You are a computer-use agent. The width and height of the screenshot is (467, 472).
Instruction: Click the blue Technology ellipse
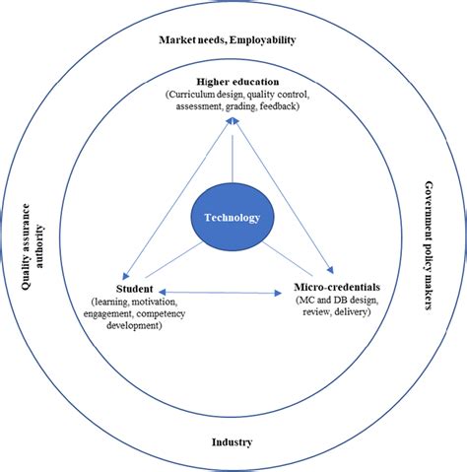tap(233, 217)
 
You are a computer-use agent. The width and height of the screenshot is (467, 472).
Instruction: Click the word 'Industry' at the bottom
tap(233, 442)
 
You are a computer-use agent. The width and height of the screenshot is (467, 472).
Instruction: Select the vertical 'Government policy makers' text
tap(429, 246)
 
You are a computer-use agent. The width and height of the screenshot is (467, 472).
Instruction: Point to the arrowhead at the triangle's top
tap(233, 118)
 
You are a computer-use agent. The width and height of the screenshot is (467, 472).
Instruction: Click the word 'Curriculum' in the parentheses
tap(194, 93)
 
